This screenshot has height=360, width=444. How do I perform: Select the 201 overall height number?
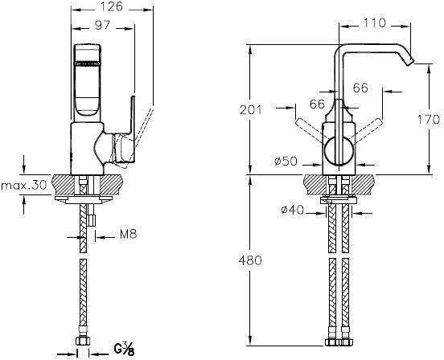[252, 110]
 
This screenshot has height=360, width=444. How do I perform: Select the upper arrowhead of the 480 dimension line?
[252, 178]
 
